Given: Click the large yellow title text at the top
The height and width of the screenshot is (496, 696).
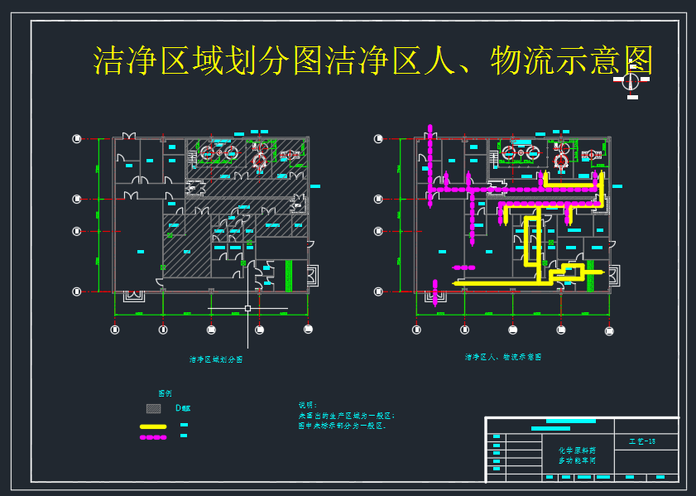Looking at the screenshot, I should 372,60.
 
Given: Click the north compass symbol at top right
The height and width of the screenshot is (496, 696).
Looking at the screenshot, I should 631,81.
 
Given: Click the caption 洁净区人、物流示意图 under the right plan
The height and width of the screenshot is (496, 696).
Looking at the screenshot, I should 503,358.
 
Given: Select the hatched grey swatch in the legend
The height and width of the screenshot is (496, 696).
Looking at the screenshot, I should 153,408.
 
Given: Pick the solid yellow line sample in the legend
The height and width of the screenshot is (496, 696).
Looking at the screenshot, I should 153,426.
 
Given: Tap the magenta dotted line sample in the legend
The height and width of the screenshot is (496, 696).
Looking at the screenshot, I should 153,436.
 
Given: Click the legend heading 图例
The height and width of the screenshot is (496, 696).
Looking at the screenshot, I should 166,392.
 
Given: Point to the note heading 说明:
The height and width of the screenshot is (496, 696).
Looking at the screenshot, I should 308,405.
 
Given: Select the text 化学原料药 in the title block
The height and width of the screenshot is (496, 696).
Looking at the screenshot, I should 577,450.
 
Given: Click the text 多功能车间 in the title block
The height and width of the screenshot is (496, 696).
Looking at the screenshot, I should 577,460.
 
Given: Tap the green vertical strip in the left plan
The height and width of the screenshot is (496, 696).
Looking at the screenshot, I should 289,275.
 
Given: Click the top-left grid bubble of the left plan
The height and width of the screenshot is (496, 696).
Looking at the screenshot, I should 77,139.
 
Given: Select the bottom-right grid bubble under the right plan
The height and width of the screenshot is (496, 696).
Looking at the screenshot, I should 611,330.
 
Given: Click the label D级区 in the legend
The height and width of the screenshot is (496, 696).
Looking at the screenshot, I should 182,408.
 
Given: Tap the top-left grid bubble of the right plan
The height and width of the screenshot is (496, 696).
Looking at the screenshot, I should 378,139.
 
